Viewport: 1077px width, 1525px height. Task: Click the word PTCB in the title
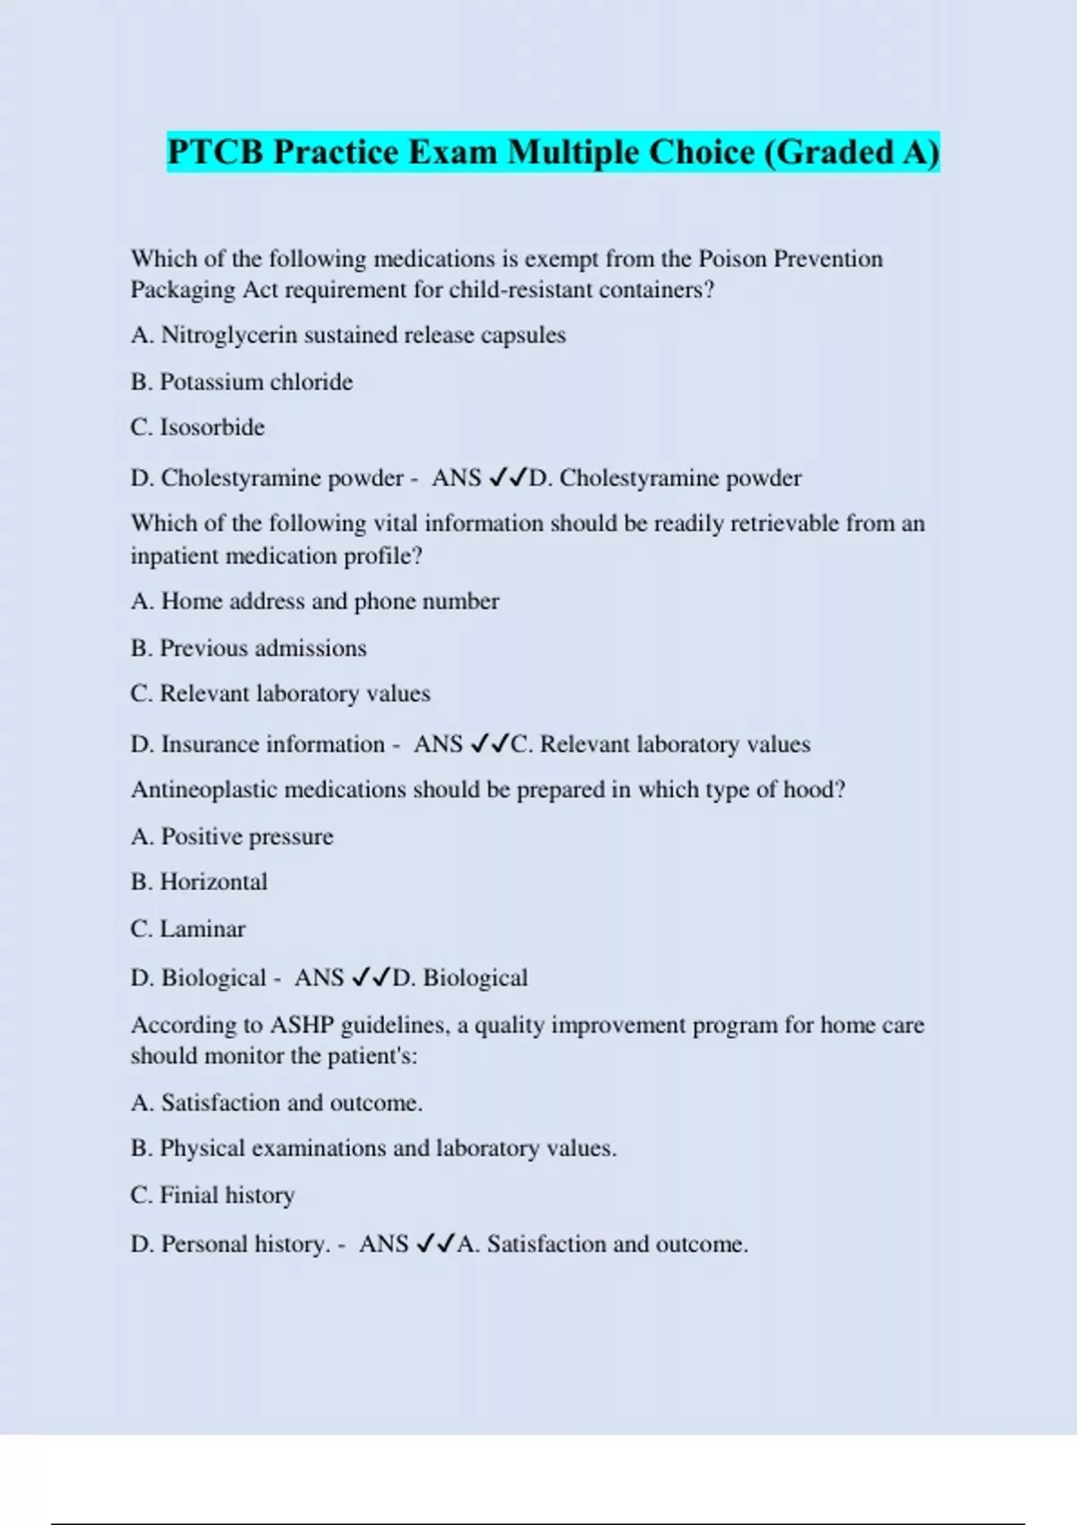point(216,152)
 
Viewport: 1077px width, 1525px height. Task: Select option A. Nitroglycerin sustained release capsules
point(348,335)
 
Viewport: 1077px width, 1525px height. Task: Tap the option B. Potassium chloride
point(241,382)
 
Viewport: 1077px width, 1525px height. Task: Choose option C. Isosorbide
point(197,427)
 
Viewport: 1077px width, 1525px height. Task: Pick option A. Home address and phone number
point(314,601)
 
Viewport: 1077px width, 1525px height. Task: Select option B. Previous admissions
point(249,648)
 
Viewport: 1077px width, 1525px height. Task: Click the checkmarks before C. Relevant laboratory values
point(490,744)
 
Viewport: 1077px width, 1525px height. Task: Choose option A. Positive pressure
point(232,836)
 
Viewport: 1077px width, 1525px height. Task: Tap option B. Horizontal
point(199,882)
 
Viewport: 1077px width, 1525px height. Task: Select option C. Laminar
point(188,928)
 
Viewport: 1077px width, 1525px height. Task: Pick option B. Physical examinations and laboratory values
point(373,1148)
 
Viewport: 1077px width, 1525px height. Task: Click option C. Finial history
point(213,1195)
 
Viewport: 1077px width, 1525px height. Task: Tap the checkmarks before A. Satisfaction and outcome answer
point(436,1243)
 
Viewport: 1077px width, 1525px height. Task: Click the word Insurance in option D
point(210,744)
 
